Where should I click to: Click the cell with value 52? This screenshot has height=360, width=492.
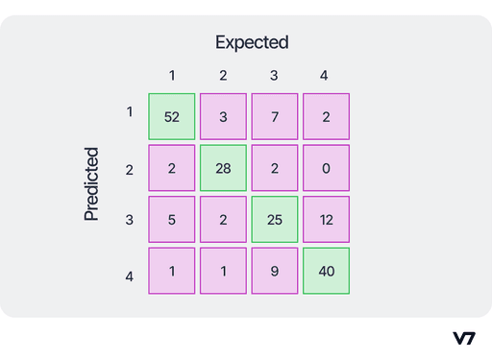pos(172,116)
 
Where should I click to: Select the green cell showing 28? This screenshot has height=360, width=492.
pos(224,168)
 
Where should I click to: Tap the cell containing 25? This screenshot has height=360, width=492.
pos(275,219)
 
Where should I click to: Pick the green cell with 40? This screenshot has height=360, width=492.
pos(326,271)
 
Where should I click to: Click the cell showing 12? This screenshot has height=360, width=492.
pos(326,219)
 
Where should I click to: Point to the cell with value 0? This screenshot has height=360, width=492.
pos(326,168)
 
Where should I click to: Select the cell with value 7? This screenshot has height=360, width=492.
pos(275,116)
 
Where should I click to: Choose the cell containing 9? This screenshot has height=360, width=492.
pos(275,271)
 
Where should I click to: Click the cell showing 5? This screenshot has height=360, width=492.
pos(172,219)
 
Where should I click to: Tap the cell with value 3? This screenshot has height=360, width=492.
pos(224,116)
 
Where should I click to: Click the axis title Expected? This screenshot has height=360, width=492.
pos(252,42)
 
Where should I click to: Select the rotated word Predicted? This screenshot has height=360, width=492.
pos(92,184)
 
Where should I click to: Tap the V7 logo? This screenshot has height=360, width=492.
pos(464,338)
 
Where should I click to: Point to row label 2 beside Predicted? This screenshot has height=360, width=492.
pos(130,169)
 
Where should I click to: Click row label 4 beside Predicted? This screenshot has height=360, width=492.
pos(130,276)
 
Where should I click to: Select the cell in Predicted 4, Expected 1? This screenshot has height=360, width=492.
pos(172,271)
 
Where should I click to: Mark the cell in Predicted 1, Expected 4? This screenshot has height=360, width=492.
pos(326,116)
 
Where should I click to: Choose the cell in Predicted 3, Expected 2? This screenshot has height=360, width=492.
pos(224,219)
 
